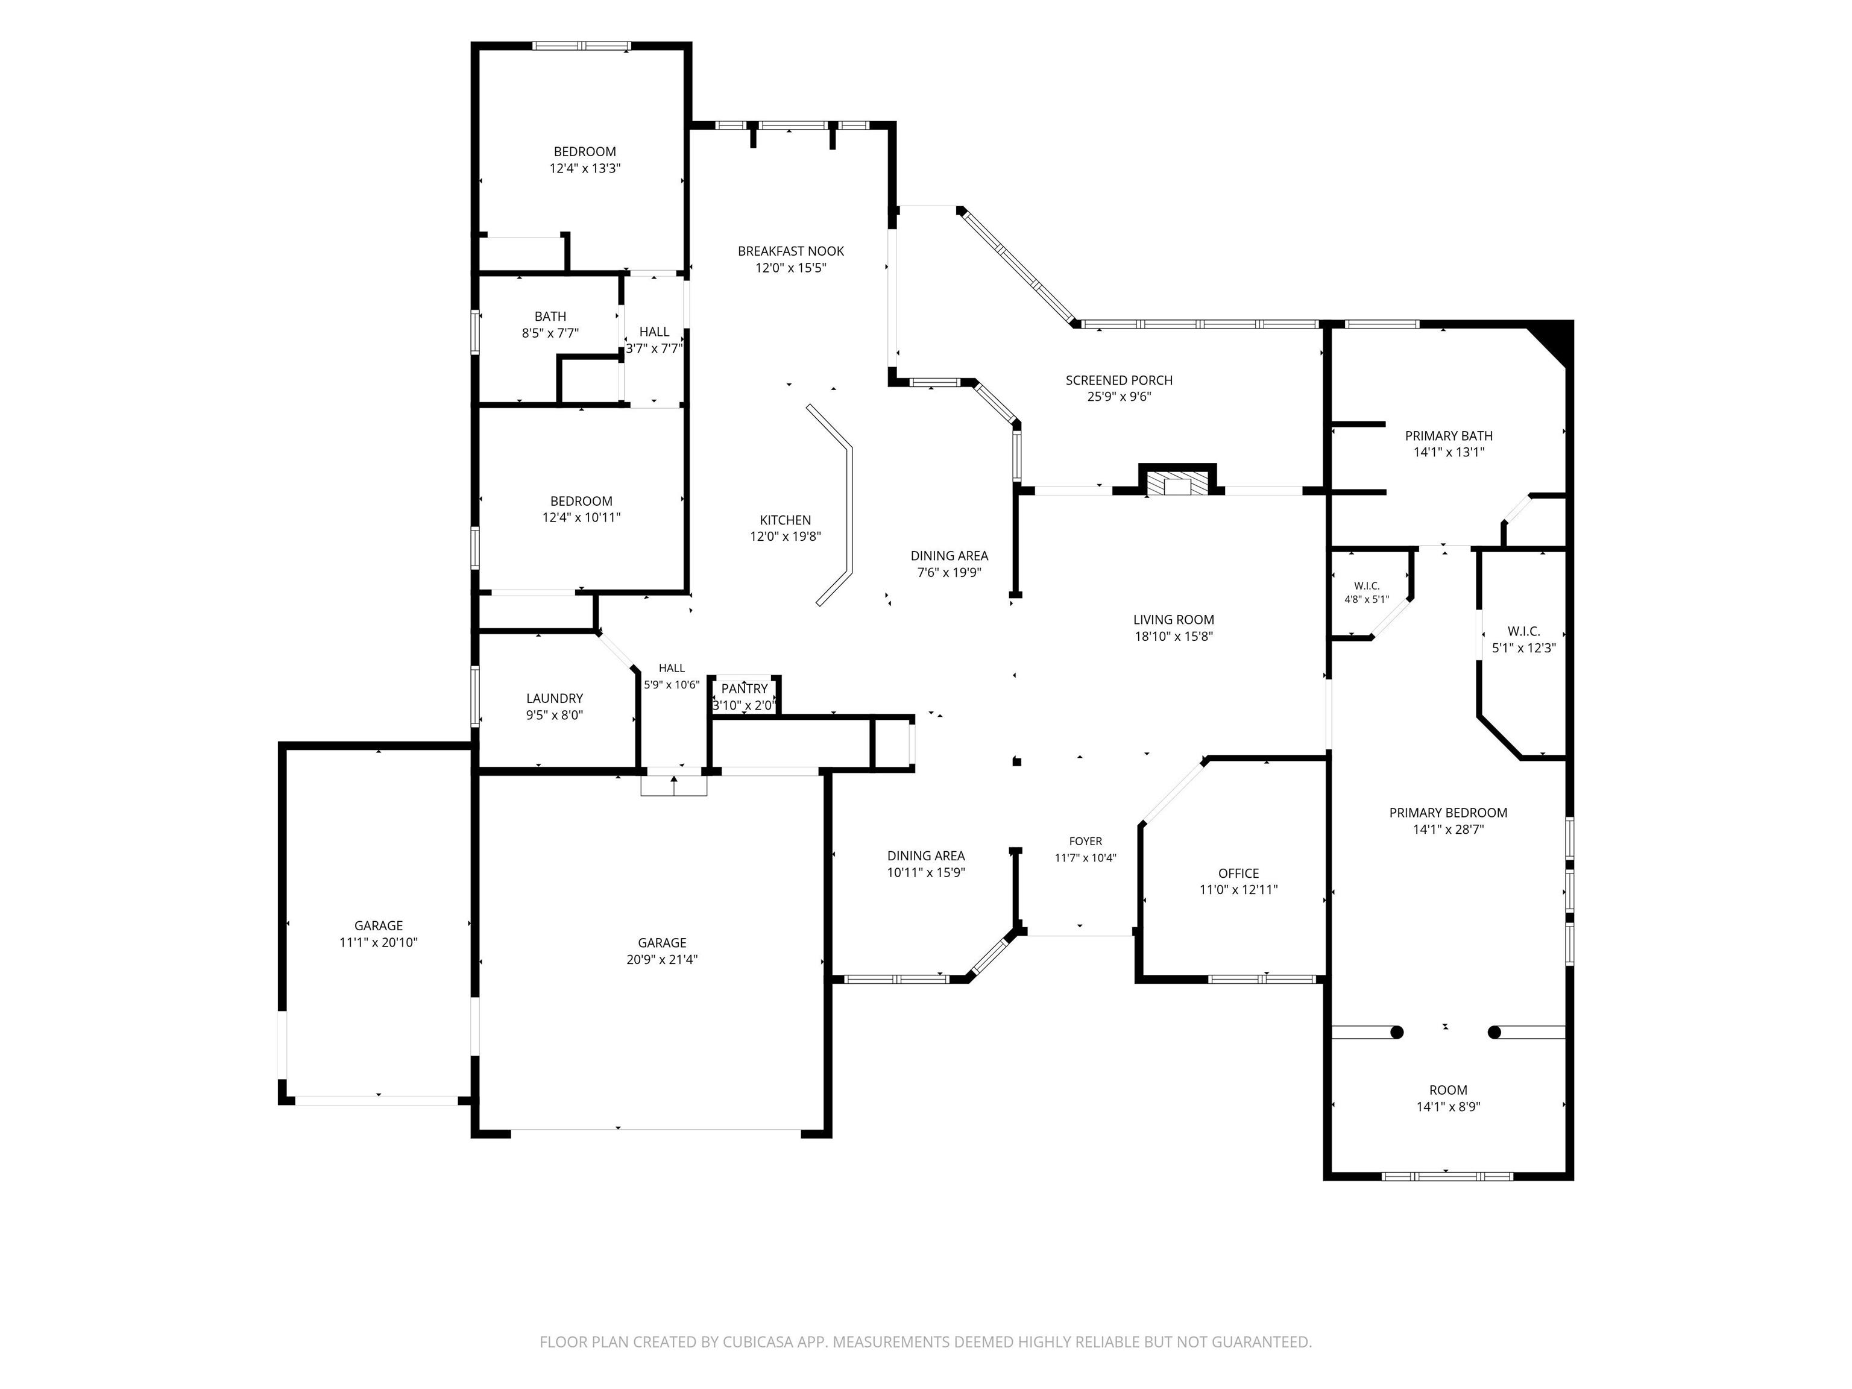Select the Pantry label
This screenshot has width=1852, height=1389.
pos(745,689)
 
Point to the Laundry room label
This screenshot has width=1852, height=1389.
pos(554,698)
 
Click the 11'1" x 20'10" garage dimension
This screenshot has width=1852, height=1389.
pos(379,942)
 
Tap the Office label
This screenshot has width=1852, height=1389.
pos(1238,874)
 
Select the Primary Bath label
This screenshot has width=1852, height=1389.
pos(1449,435)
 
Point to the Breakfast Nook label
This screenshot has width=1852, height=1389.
pos(790,251)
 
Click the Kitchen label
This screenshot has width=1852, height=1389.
pos(786,520)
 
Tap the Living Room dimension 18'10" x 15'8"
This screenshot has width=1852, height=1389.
pos(1174,636)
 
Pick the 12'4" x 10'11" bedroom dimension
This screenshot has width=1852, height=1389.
pos(581,517)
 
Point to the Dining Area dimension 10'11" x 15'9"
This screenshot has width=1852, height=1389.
pos(926,872)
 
